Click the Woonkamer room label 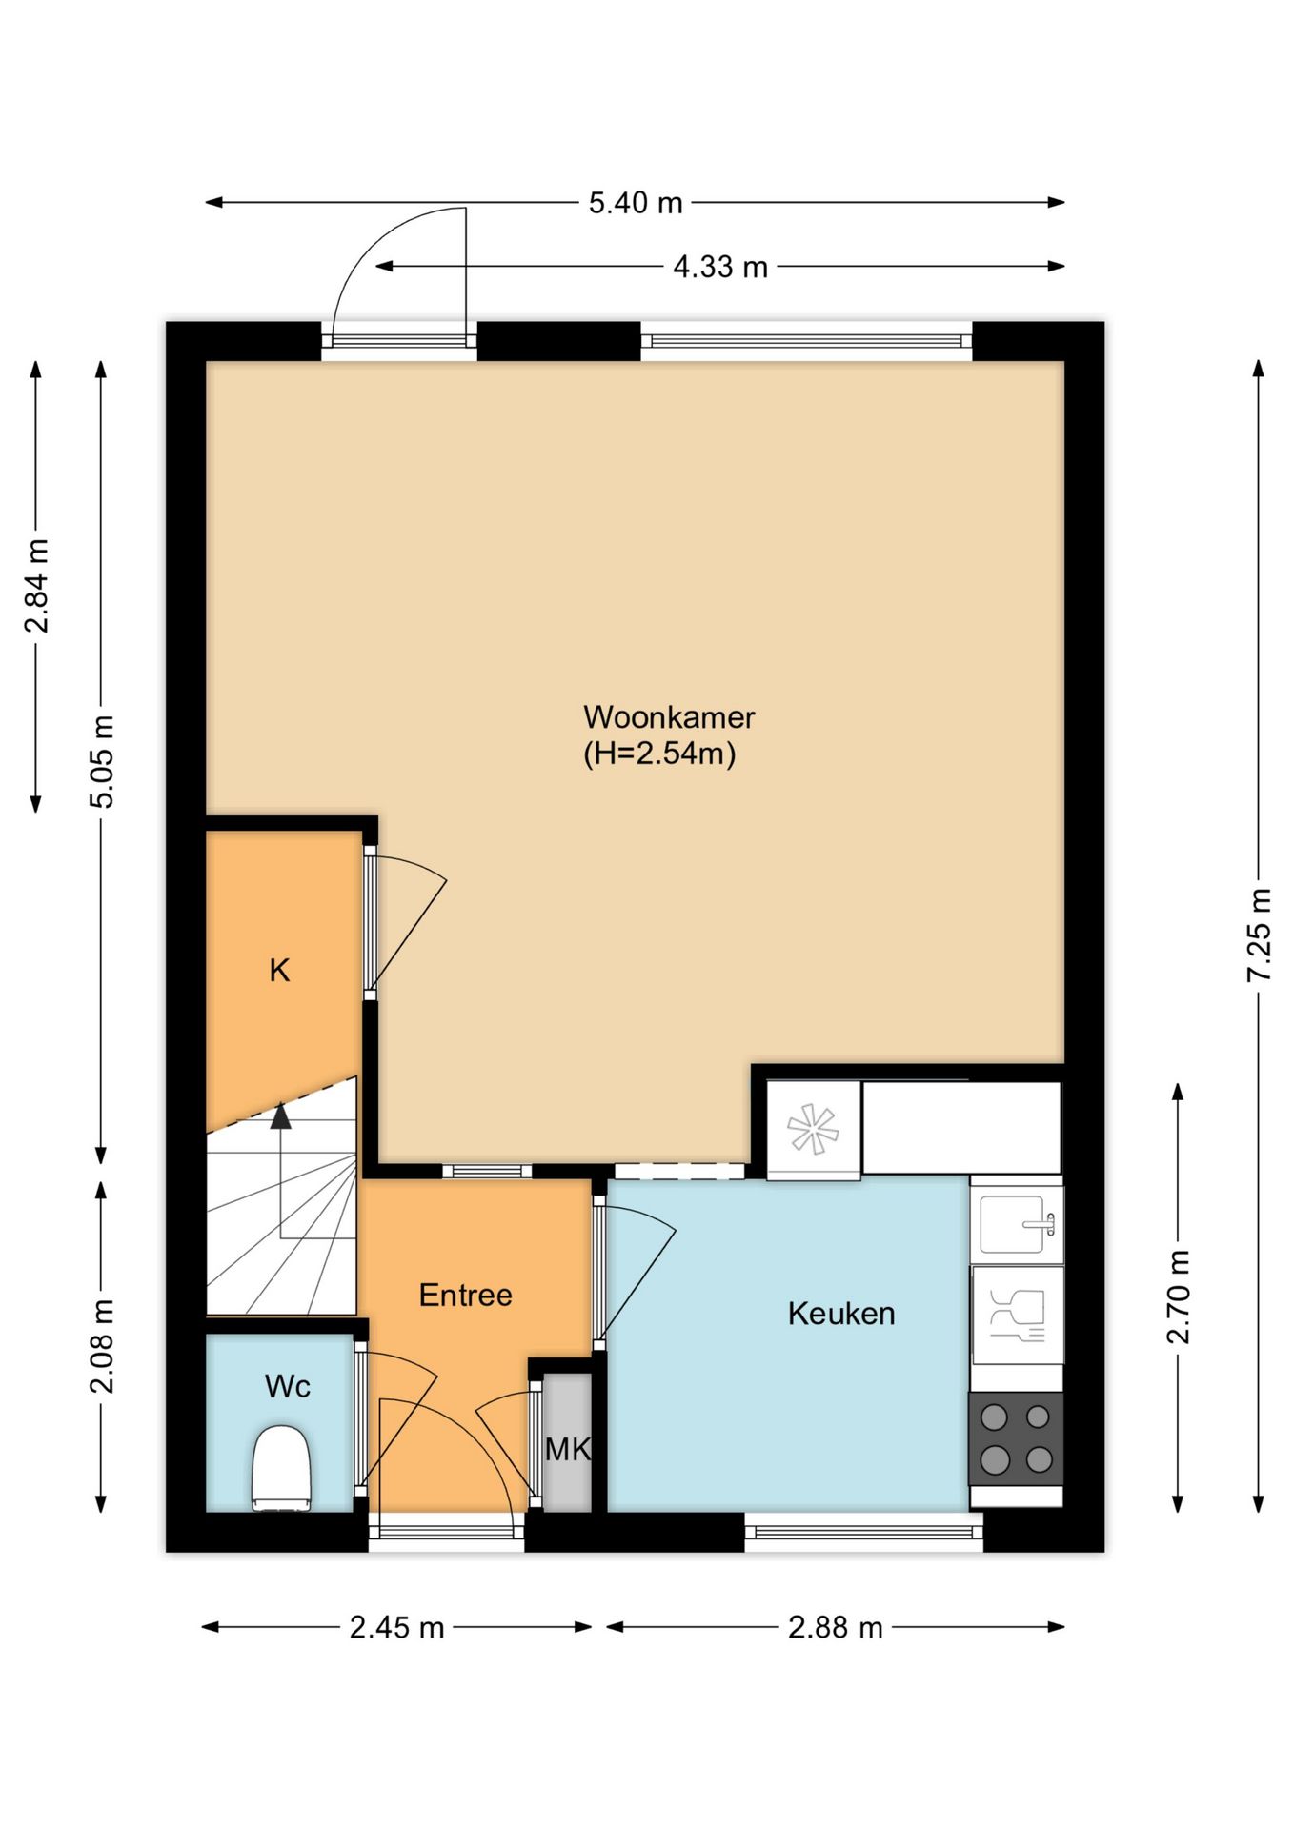coord(669,716)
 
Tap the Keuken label coord(841,1314)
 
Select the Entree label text coord(465,1295)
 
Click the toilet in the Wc coord(281,1468)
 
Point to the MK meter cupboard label coord(568,1449)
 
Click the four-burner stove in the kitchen coord(1016,1438)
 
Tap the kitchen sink coord(1017,1224)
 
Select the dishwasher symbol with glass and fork coord(1017,1315)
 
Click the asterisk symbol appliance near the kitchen coord(813,1130)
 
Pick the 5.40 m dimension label coord(636,203)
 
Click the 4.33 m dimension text coord(720,267)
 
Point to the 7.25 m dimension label coord(1259,935)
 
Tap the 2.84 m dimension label coord(36,586)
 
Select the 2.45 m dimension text coord(396,1627)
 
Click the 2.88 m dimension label coord(836,1627)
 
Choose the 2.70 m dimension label coord(1179,1296)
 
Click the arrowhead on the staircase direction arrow coord(280,1116)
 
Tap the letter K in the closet coord(279,971)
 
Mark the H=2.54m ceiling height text coord(659,754)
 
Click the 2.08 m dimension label coord(101,1346)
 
